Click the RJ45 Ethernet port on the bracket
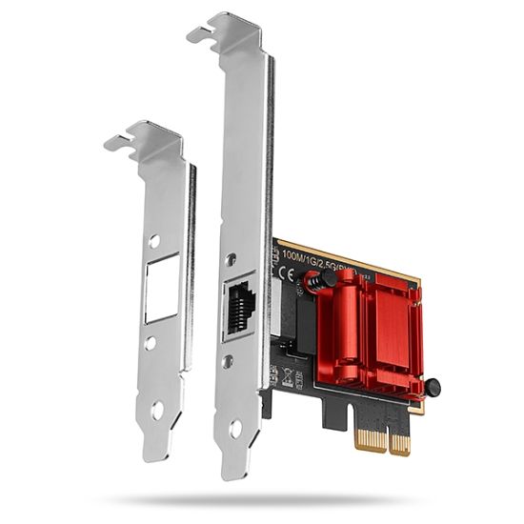tap(239, 307)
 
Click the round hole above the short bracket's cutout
tap(154, 241)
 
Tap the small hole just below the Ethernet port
tap(228, 361)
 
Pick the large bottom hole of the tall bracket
tap(235, 429)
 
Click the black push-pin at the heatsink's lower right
tap(432, 388)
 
